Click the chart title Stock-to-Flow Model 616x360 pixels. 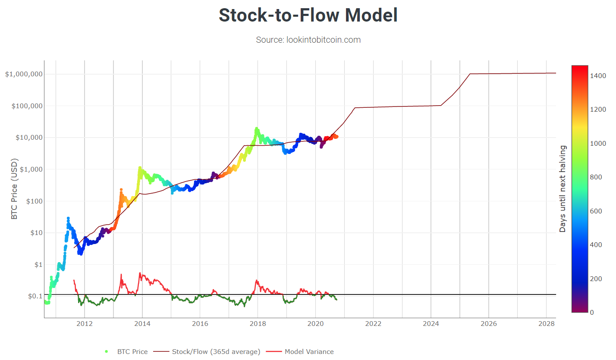(308, 16)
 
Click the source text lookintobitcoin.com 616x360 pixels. (308, 40)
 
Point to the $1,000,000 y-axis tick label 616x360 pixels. (24, 74)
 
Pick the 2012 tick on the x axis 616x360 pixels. (85, 323)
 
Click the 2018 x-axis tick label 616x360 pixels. (258, 323)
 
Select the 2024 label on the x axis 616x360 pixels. (431, 323)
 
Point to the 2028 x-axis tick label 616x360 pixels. (546, 323)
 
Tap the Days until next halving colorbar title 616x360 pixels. (563, 189)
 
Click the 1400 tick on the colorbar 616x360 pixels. (599, 75)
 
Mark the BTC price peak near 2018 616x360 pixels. (257, 128)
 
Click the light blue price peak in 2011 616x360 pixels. (68, 219)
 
